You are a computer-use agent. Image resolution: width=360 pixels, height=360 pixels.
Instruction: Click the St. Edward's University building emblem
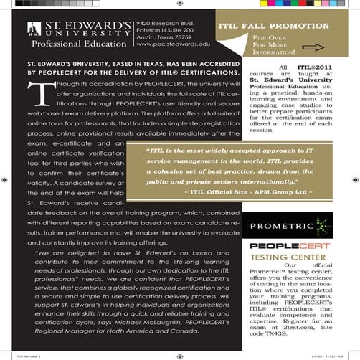(x=32, y=30)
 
